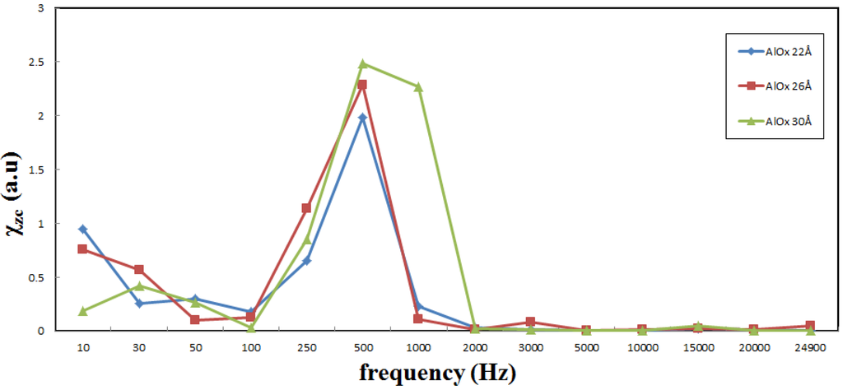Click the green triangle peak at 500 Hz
[x=363, y=63]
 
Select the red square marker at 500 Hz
[x=363, y=85]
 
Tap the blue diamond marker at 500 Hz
[x=363, y=118]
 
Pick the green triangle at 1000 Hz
[x=419, y=86]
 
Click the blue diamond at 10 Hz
[x=83, y=229]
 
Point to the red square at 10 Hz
[x=83, y=248]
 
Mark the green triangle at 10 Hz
[x=83, y=311]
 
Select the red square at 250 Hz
[x=307, y=208]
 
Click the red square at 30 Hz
[x=139, y=269]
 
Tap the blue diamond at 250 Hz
[x=307, y=261]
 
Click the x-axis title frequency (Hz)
[x=437, y=373]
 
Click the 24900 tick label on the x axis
[x=810, y=348]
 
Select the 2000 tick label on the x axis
[x=475, y=348]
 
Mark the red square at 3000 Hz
[x=531, y=322]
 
